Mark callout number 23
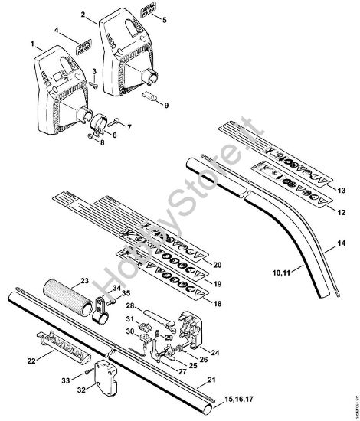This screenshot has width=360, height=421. point(84,281)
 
